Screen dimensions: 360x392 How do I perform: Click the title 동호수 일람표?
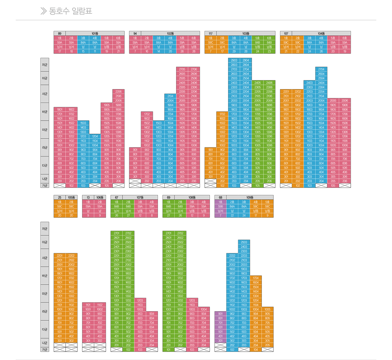(x=70, y=11)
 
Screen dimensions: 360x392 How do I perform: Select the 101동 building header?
(x=95, y=34)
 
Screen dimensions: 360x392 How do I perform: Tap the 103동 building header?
(x=246, y=34)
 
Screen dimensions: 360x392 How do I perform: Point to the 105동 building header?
(x=71, y=197)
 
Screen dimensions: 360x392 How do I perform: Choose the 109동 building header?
(x=250, y=197)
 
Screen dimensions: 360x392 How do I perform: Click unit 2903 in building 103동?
(x=234, y=60)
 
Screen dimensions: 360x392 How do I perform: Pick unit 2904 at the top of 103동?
(x=246, y=60)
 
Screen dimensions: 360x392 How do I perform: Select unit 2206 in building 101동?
(x=118, y=92)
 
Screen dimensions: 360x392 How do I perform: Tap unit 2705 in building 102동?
(x=182, y=69)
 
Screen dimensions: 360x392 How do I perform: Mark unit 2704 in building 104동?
(x=321, y=69)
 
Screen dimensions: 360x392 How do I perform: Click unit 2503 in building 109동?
(x=244, y=242)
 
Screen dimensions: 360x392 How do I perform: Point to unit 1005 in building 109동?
(x=267, y=309)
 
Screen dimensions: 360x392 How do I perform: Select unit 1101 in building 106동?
(x=88, y=305)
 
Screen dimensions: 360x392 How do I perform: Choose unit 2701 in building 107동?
(x=117, y=233)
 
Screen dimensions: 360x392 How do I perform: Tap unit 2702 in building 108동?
(x=180, y=233)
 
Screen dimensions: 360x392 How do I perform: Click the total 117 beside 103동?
(x=210, y=34)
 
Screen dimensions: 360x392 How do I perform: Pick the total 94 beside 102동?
(x=135, y=34)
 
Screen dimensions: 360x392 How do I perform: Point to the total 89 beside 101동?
(x=60, y=34)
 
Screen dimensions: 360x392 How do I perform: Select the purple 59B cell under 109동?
(x=220, y=206)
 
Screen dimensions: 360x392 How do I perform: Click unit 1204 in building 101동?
(x=95, y=136)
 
